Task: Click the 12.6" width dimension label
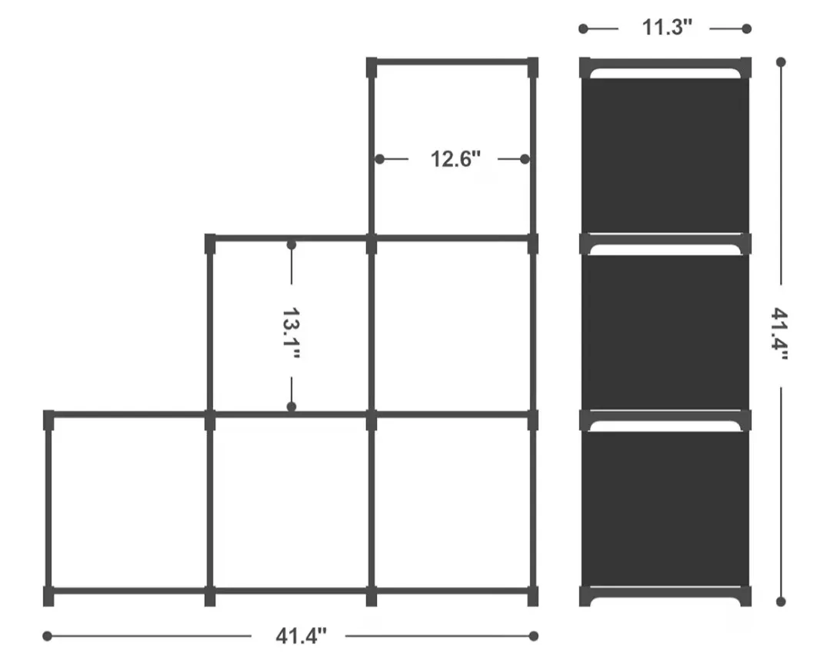point(455,159)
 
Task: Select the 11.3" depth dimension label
point(667,28)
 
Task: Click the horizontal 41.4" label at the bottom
point(301,635)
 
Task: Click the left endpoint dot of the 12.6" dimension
point(380,159)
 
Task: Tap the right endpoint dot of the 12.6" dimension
point(525,159)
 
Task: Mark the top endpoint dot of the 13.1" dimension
point(292,244)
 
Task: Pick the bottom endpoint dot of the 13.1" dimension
point(292,406)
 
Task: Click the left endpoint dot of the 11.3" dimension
point(583,28)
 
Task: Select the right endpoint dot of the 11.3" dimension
point(746,28)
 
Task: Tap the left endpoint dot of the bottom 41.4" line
point(47,635)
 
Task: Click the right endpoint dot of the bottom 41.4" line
point(534,635)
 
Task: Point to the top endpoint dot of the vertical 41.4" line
point(781,61)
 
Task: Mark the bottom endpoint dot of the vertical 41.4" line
point(781,602)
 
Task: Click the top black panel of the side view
point(665,154)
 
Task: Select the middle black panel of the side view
point(665,330)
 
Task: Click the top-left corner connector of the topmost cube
point(372,68)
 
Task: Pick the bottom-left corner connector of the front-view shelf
point(49,595)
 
